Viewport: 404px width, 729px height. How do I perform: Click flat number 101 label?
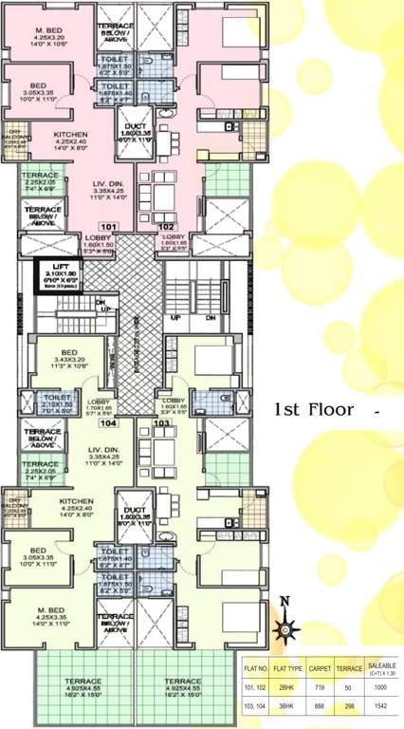point(106,227)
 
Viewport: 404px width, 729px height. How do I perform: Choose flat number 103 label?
point(162,426)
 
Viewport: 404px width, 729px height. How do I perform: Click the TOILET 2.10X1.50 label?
point(58,404)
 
